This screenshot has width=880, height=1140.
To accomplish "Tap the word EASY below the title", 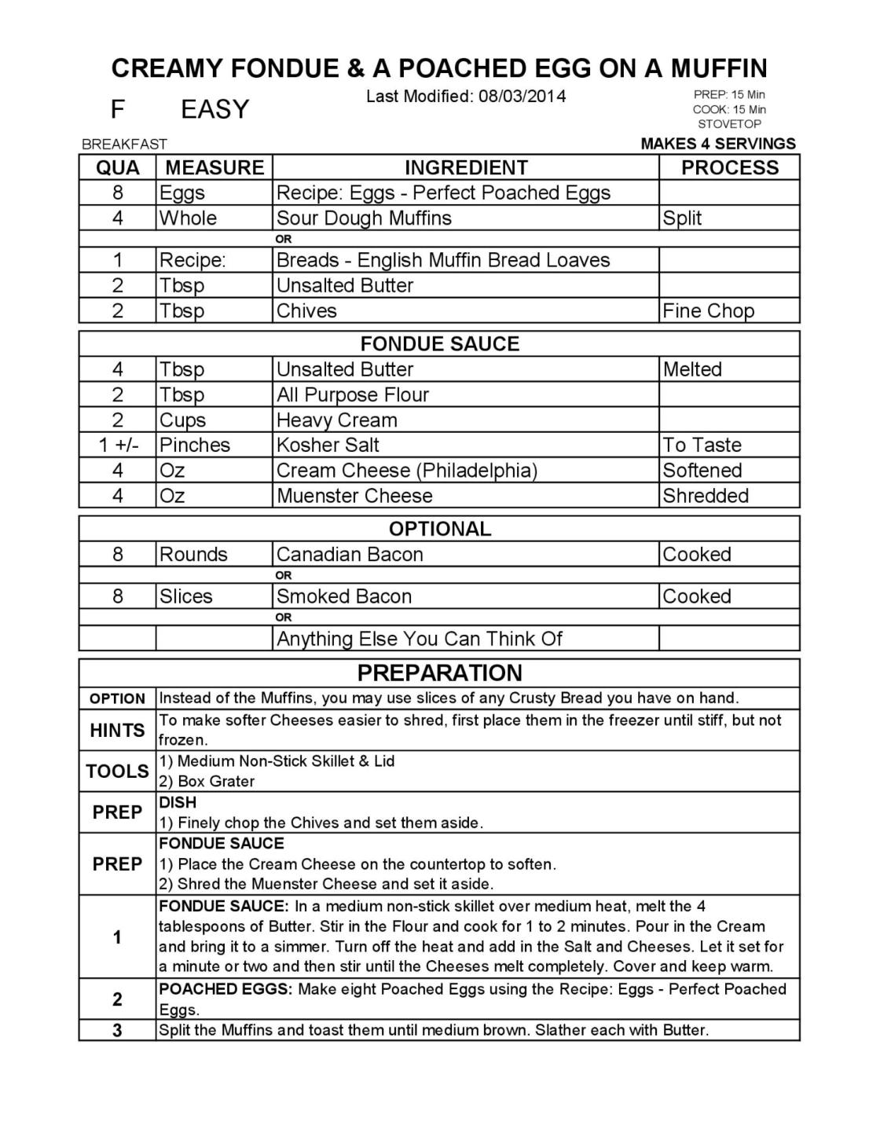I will coord(214,110).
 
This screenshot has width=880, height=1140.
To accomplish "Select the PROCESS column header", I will coord(729,167).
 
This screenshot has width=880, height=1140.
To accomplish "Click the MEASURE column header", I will coord(214,167).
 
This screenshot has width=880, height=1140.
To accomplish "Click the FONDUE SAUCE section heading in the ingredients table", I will coord(439,344).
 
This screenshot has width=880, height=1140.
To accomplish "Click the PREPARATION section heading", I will coord(439,673).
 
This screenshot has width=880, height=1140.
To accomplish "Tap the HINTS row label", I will coord(117,731).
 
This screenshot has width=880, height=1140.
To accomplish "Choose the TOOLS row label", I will coord(117,772).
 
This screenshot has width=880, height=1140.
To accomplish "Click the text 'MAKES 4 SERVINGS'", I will coord(717,144).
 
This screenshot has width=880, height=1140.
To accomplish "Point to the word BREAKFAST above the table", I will coord(125,145).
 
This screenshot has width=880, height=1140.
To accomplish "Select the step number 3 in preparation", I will coord(117,1031).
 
